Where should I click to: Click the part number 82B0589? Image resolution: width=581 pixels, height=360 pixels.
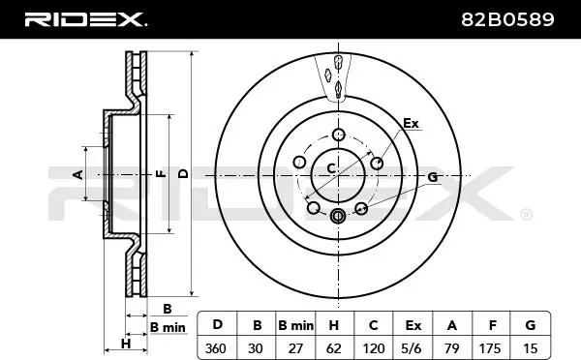[x=507, y=19]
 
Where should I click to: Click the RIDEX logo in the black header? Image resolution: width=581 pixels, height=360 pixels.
[x=85, y=19]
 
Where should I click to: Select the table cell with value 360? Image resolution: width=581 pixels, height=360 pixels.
[x=216, y=348]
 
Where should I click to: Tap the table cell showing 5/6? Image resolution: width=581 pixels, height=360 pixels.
[x=413, y=348]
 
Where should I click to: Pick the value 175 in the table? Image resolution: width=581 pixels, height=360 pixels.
[x=491, y=348]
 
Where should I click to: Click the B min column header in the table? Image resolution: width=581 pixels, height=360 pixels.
[x=295, y=325]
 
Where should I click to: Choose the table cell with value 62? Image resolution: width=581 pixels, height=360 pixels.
[x=334, y=348]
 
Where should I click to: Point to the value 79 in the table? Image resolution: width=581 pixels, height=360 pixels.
[x=452, y=348]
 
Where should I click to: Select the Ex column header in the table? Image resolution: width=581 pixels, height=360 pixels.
[x=413, y=325]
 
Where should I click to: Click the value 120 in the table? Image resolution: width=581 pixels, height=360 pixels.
[x=373, y=348]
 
